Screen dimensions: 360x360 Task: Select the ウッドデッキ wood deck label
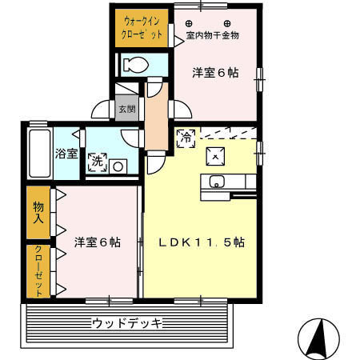coord(127,324)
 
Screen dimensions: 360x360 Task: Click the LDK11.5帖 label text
coord(201,243)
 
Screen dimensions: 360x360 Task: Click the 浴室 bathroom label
coord(66,152)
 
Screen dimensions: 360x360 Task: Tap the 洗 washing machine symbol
coord(97,161)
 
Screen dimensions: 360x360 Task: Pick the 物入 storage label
coord(38,212)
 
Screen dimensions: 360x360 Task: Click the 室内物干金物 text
coord(213,36)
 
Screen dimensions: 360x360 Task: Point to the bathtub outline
coord(38,154)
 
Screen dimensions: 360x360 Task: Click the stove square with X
coord(215,155)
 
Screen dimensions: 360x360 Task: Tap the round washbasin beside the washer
coord(118,166)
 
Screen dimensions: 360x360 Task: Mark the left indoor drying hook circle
coord(190,22)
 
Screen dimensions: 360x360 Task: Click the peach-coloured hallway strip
coord(154,117)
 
